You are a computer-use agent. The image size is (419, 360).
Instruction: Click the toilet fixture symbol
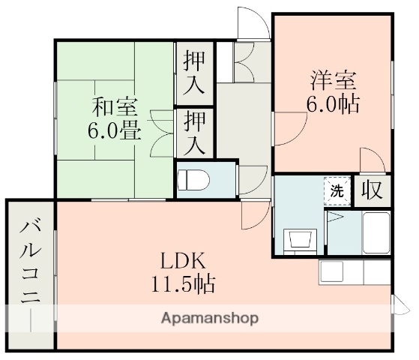[x=193, y=181]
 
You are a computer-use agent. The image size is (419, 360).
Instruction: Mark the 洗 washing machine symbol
[x=337, y=190]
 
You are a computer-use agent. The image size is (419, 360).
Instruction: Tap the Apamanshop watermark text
[x=210, y=317]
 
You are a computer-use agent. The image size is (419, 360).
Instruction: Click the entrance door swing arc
[x=253, y=22]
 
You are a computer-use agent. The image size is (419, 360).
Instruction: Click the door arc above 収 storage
[x=371, y=162]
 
